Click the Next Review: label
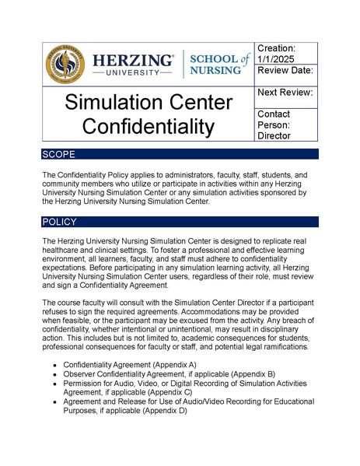click(285, 93)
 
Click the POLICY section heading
click(61, 222)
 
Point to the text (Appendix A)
click(170, 364)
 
